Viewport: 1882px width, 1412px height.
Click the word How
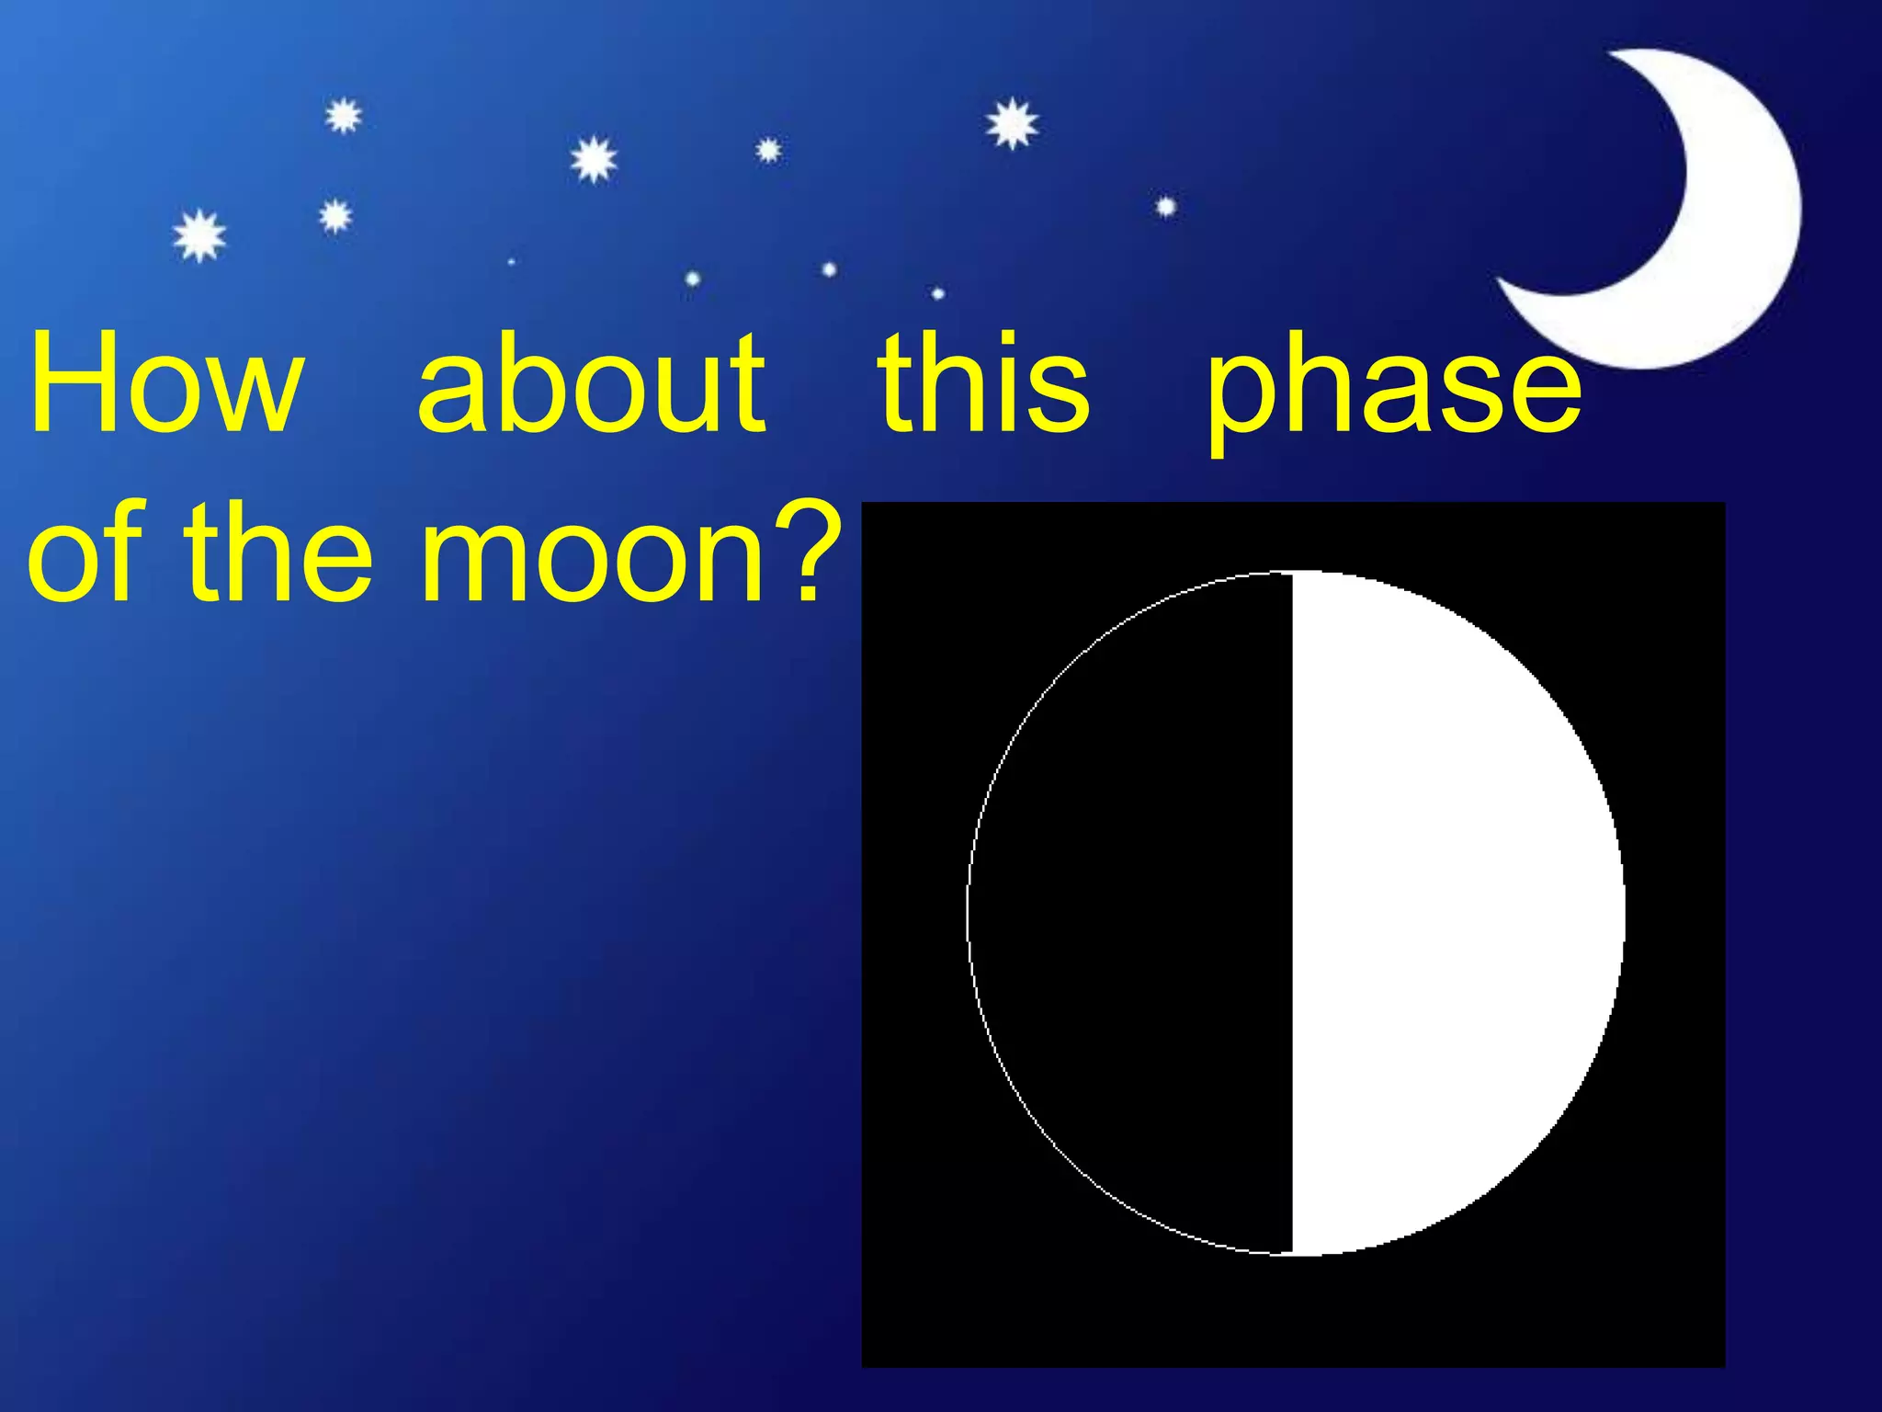pyautogui.click(x=165, y=381)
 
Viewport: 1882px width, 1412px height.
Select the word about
pyautogui.click(x=591, y=381)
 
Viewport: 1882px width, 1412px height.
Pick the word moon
pyautogui.click(x=593, y=561)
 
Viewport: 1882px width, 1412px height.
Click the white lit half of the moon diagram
pyautogui.click(x=1452, y=910)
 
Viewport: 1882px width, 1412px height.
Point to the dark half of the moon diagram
pyautogui.click(x=1130, y=910)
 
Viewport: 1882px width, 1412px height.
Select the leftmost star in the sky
pyautogui.click(x=199, y=235)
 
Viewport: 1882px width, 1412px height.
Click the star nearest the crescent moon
pyautogui.click(x=1165, y=207)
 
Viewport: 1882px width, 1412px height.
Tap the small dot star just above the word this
pyautogui.click(x=937, y=293)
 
